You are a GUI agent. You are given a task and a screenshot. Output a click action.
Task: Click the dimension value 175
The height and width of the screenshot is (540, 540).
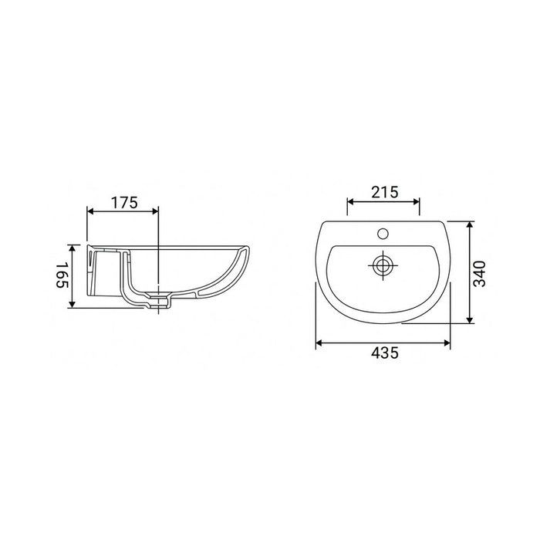[123, 203]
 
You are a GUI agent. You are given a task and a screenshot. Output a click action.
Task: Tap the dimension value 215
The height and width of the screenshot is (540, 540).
[383, 193]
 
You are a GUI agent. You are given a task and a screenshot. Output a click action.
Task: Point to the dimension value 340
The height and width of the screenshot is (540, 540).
[480, 272]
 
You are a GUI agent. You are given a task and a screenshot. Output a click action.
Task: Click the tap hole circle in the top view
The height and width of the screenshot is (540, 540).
[383, 232]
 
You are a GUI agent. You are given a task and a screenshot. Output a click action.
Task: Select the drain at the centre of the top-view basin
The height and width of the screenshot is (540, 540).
[383, 265]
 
